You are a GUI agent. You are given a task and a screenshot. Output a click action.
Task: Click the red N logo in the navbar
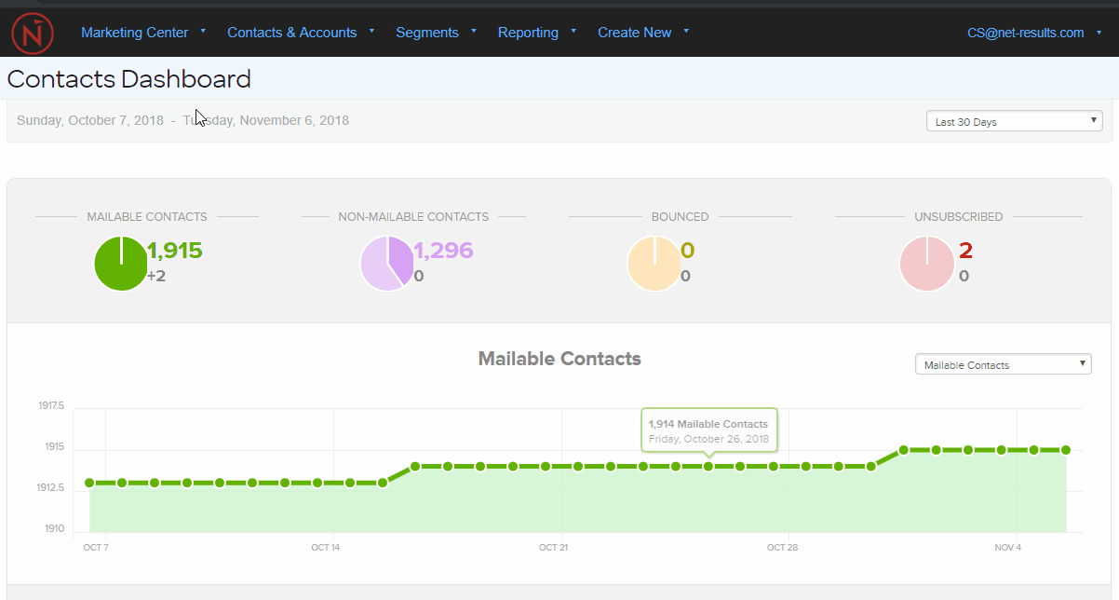[33, 34]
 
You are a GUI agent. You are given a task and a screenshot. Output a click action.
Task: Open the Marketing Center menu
[135, 33]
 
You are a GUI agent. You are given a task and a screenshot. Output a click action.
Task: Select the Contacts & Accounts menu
[292, 33]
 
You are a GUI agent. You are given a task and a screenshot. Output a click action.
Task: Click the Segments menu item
[427, 33]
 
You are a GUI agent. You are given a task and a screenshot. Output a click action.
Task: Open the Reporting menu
[528, 33]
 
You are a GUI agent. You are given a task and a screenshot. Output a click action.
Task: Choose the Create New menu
[635, 33]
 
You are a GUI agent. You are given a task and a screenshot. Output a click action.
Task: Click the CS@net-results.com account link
[1026, 33]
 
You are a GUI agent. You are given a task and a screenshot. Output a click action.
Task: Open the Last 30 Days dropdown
[1014, 121]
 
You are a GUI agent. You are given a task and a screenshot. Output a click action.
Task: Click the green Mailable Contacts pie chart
[121, 264]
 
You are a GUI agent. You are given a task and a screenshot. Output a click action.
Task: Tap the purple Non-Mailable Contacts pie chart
[387, 264]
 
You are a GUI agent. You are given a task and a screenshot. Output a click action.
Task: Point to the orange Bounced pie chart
[654, 264]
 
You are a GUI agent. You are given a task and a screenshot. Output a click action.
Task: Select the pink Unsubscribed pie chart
[927, 264]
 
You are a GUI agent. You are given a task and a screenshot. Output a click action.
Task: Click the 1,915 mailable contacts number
[175, 251]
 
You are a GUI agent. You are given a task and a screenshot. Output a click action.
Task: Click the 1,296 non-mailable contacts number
[443, 251]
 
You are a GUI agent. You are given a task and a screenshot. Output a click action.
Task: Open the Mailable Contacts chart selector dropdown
[1003, 364]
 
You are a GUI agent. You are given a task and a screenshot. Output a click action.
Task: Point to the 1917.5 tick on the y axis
[51, 406]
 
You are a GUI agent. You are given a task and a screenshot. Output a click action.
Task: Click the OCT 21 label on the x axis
[553, 548]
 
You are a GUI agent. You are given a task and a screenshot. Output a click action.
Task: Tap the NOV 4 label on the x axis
[1007, 548]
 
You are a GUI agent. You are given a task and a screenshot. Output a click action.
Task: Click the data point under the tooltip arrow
[708, 466]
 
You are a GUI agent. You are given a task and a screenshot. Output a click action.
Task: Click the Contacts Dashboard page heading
[129, 79]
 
